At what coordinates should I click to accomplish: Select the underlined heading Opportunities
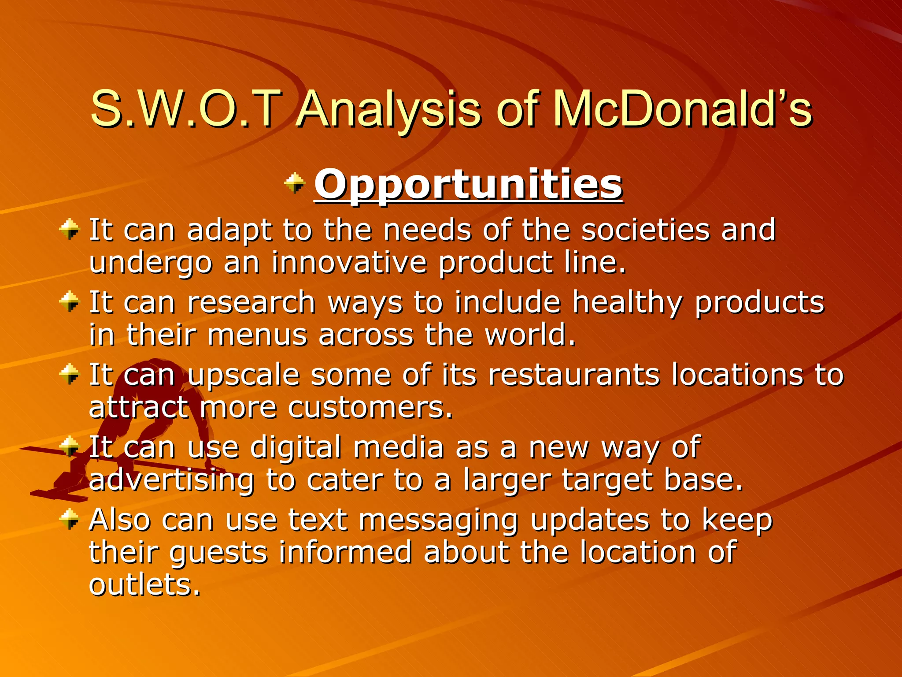pyautogui.click(x=468, y=185)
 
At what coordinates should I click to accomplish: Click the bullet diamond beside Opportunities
pyautogui.click(x=295, y=183)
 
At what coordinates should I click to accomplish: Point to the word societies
pyautogui.click(x=645, y=230)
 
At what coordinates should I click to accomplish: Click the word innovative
pyautogui.click(x=349, y=262)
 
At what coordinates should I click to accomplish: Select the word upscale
pyautogui.click(x=244, y=376)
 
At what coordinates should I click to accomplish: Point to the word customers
pyautogui.click(x=370, y=408)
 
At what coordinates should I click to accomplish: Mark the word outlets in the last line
pyautogui.click(x=144, y=585)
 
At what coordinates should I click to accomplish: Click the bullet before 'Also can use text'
pyautogui.click(x=69, y=519)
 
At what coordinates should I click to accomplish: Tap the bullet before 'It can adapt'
pyautogui.click(x=69, y=229)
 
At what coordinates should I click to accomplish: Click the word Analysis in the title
pyautogui.click(x=388, y=109)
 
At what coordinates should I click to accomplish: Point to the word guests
pyautogui.click(x=218, y=553)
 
